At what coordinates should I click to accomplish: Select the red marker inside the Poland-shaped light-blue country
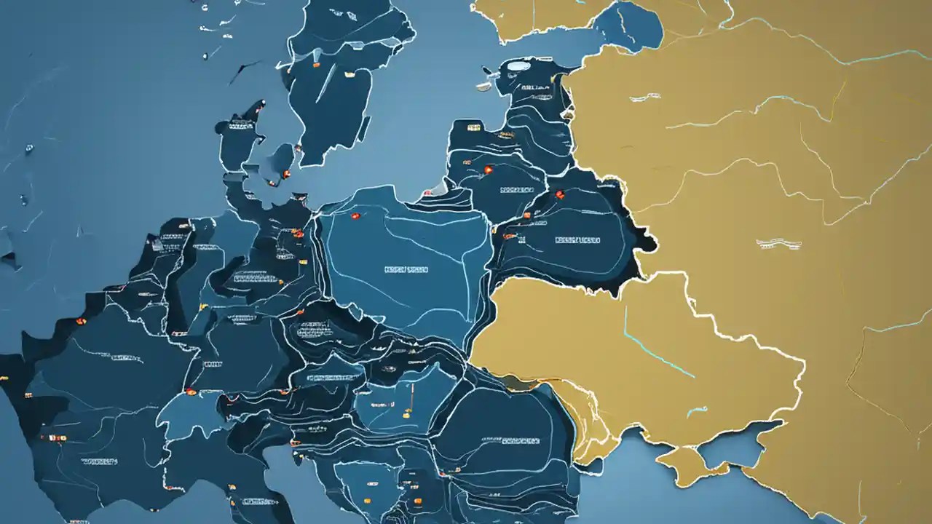(x=356, y=216)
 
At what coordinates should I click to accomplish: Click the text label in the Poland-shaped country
(x=406, y=270)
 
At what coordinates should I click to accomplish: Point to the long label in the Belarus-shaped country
(x=577, y=239)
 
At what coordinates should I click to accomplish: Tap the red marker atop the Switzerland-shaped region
(x=191, y=392)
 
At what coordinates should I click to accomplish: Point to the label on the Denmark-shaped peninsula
(x=236, y=125)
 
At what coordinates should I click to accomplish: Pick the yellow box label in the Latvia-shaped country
(x=474, y=128)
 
